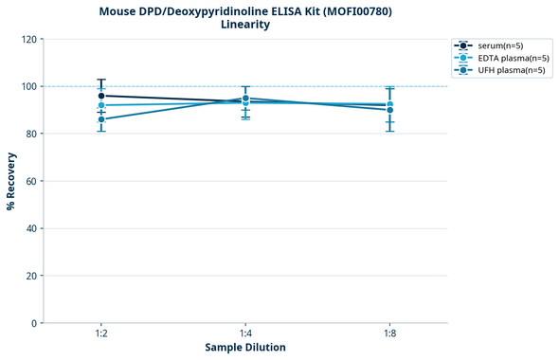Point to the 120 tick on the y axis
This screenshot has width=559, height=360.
coord(30,39)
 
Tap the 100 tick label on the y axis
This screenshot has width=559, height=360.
coord(30,86)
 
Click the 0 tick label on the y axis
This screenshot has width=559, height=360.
coord(35,323)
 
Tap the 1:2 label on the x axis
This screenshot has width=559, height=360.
coord(101,334)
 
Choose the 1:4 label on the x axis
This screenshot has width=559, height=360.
coord(245,334)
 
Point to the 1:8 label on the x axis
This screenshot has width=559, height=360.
coord(389,334)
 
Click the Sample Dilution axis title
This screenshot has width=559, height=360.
coord(245,348)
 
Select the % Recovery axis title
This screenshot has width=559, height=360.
coord(11,180)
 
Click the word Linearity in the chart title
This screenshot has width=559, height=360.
coord(245,25)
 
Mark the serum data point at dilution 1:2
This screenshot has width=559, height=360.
coord(101,96)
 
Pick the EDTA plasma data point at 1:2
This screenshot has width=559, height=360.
coord(101,105)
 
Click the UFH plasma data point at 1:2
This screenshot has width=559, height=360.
coord(101,119)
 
